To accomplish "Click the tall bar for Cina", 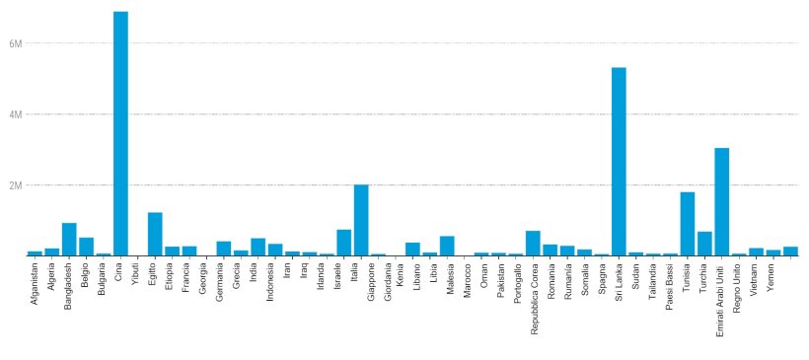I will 120,133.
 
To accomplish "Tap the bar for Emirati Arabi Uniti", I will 722,201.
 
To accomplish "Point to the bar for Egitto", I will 155,234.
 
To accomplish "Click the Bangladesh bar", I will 69,239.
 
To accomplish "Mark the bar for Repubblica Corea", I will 533,243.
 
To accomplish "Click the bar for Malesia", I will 447,246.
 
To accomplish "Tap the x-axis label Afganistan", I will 36,287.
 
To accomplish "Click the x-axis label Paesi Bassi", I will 671,286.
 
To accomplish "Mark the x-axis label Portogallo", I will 516,286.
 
